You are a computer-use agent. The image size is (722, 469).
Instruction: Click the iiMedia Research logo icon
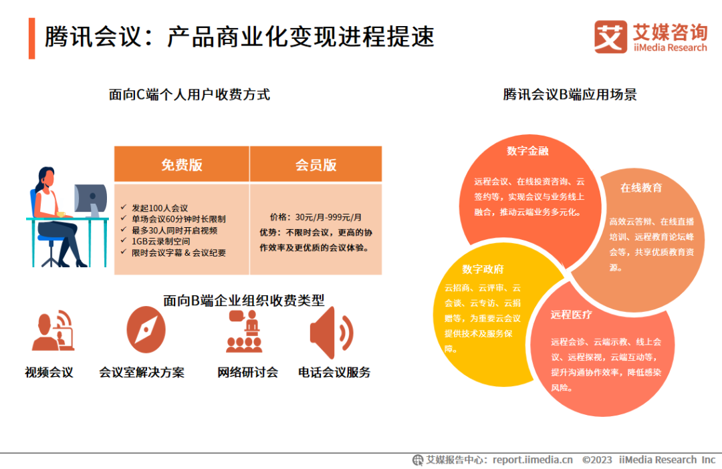pyautogui.click(x=610, y=37)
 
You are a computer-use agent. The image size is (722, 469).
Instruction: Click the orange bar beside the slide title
pyautogui.click(x=32, y=37)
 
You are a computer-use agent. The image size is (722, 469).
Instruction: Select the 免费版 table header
pyautogui.click(x=182, y=164)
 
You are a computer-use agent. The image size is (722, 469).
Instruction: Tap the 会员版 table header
pyautogui.click(x=316, y=164)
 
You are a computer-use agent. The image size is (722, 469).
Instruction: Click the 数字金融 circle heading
pyautogui.click(x=527, y=151)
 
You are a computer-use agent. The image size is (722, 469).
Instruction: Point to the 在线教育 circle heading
pyautogui.click(x=641, y=188)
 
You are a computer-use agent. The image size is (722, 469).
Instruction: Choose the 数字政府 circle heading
pyautogui.click(x=483, y=269)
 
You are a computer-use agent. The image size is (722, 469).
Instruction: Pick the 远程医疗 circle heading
pyautogui.click(x=571, y=314)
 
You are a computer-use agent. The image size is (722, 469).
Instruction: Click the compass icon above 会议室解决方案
pyautogui.click(x=146, y=329)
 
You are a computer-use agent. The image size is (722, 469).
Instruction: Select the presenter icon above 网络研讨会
pyautogui.click(x=244, y=331)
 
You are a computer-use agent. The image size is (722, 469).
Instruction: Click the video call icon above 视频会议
pyautogui.click(x=53, y=330)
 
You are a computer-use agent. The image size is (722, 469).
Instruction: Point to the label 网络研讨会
pyautogui.click(x=247, y=372)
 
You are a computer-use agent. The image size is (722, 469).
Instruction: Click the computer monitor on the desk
pyautogui.click(x=90, y=197)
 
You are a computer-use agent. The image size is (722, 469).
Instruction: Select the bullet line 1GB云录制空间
pyautogui.click(x=160, y=241)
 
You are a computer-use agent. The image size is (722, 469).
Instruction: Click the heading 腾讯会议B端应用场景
pyautogui.click(x=570, y=94)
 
